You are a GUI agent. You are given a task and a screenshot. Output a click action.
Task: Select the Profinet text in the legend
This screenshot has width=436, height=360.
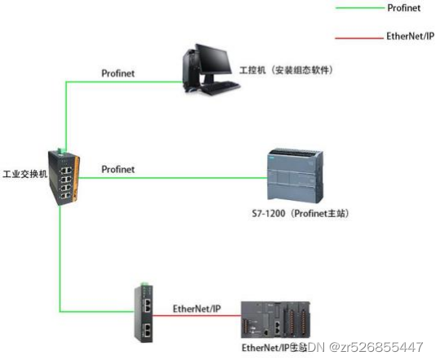coord(403,9)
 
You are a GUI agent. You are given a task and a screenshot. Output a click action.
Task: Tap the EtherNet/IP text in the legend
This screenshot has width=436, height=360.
coord(410,37)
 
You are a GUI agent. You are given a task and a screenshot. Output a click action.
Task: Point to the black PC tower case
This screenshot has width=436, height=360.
coord(189,69)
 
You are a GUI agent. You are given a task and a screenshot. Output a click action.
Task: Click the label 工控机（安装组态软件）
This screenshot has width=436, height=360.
coord(285,70)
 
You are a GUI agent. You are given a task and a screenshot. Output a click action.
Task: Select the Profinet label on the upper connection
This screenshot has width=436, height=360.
coord(118,73)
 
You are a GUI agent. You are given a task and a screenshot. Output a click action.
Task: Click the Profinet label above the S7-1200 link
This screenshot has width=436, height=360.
coord(118,169)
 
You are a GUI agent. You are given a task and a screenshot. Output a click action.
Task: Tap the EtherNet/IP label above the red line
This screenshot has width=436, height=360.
coord(197,309)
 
